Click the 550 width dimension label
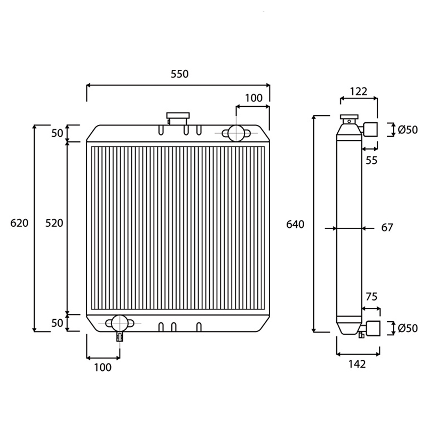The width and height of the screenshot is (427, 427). coord(179,74)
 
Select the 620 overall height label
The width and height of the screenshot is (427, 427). coord(19,223)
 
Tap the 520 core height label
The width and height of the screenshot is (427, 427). coord(54,223)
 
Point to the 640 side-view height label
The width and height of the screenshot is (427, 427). coord(295,224)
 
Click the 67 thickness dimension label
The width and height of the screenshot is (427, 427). coord(387,227)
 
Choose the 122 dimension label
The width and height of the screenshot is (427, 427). coord(358,91)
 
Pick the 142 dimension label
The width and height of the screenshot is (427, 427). coord(357,364)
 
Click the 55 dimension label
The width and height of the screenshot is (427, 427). coord(371,161)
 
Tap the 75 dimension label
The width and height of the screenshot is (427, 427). coord(371,297)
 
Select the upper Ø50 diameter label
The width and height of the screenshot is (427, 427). coord(408,130)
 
